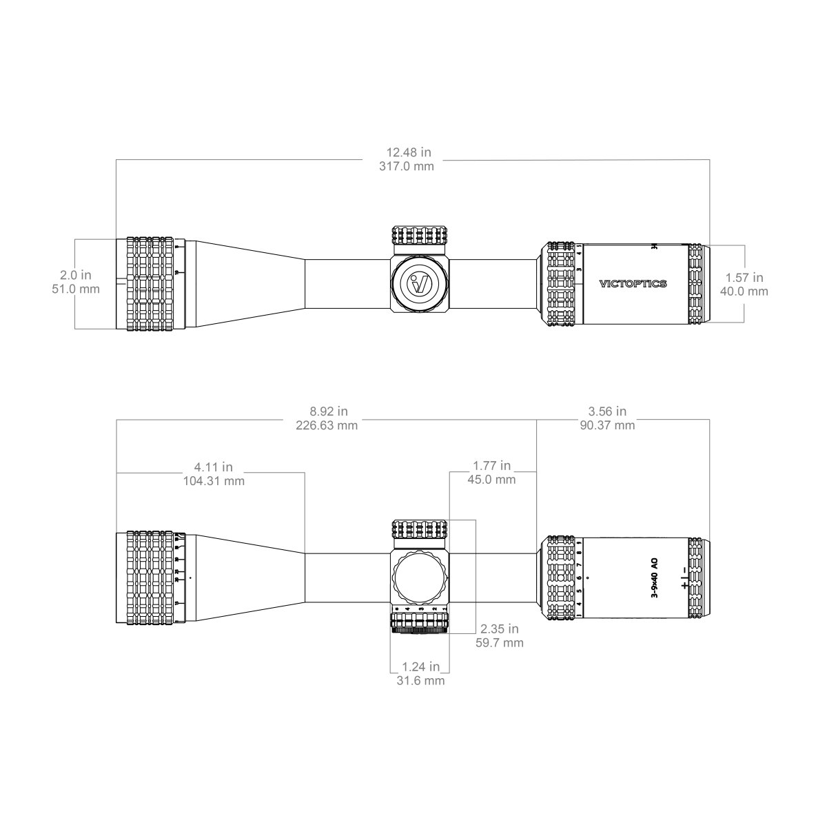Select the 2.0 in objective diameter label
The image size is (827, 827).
[76, 275]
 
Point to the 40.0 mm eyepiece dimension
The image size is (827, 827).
[744, 291]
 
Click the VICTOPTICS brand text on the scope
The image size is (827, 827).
[633, 284]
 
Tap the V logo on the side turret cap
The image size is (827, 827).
[419, 284]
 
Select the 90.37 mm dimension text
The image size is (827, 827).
[607, 425]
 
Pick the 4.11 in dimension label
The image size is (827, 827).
[213, 467]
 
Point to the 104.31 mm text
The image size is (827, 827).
[213, 481]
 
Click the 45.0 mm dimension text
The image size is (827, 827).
[491, 480]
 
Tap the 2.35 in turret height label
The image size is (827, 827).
[499, 629]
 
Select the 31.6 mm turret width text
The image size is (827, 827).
[420, 681]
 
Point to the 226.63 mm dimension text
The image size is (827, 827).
[327, 425]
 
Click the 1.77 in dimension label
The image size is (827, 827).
[491, 466]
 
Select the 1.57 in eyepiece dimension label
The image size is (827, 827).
[744, 277]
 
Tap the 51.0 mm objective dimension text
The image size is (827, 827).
[76, 289]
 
